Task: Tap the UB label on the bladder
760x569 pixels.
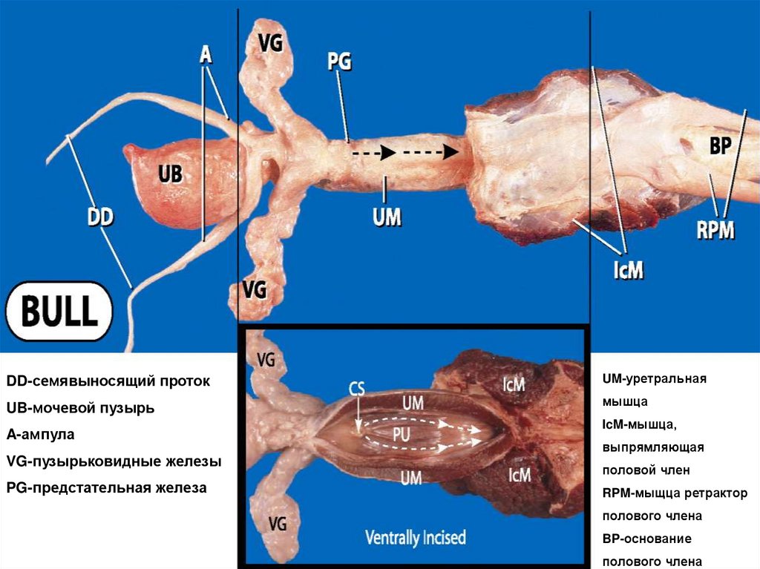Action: coord(170,174)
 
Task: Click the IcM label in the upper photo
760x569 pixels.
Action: coord(627,270)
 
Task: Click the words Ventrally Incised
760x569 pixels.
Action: coord(416,537)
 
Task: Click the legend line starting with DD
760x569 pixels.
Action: coord(108,381)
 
